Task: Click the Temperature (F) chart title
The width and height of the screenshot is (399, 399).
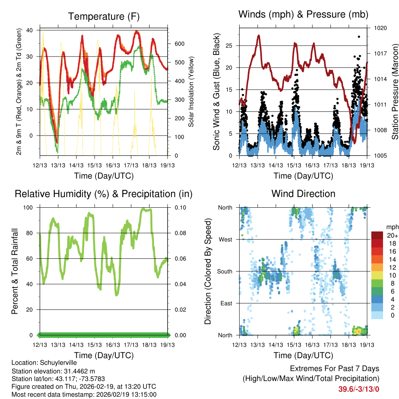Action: pos(104,16)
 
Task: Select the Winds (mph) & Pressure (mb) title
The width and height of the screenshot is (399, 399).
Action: pos(303,14)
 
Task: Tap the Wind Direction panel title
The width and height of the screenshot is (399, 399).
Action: pos(303,193)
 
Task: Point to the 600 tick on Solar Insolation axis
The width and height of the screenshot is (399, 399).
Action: pos(179,44)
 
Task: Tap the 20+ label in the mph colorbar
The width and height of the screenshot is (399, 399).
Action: pos(392,235)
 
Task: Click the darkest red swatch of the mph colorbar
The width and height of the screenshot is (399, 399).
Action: pos(377,235)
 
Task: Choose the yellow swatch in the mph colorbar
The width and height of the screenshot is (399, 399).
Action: pos(377,275)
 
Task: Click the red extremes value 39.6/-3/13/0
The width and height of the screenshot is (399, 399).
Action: pos(358,389)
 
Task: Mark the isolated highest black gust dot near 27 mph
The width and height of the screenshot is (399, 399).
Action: pos(358,37)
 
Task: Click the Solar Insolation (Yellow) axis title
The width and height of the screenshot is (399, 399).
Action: pos(191,92)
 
